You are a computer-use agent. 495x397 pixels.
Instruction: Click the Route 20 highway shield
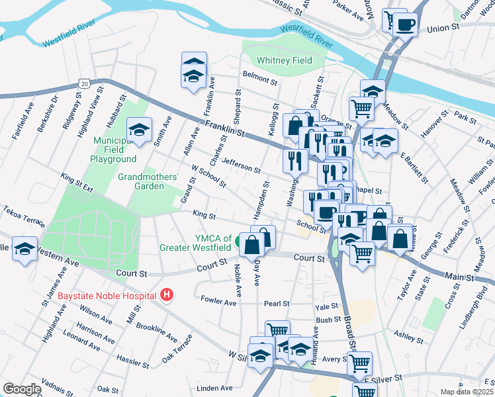(83, 83)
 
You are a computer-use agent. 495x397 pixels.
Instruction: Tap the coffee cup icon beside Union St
(406, 25)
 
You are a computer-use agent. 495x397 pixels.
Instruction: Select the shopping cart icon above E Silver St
(359, 362)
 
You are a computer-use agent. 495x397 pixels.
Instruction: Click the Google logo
(22, 388)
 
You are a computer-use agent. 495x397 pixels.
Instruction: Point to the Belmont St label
(259, 77)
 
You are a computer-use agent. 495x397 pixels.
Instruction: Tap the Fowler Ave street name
(218, 302)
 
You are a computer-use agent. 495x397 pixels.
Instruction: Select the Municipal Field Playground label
(114, 150)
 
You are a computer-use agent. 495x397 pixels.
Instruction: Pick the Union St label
(443, 28)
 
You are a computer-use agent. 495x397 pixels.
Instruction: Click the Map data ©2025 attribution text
(466, 392)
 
